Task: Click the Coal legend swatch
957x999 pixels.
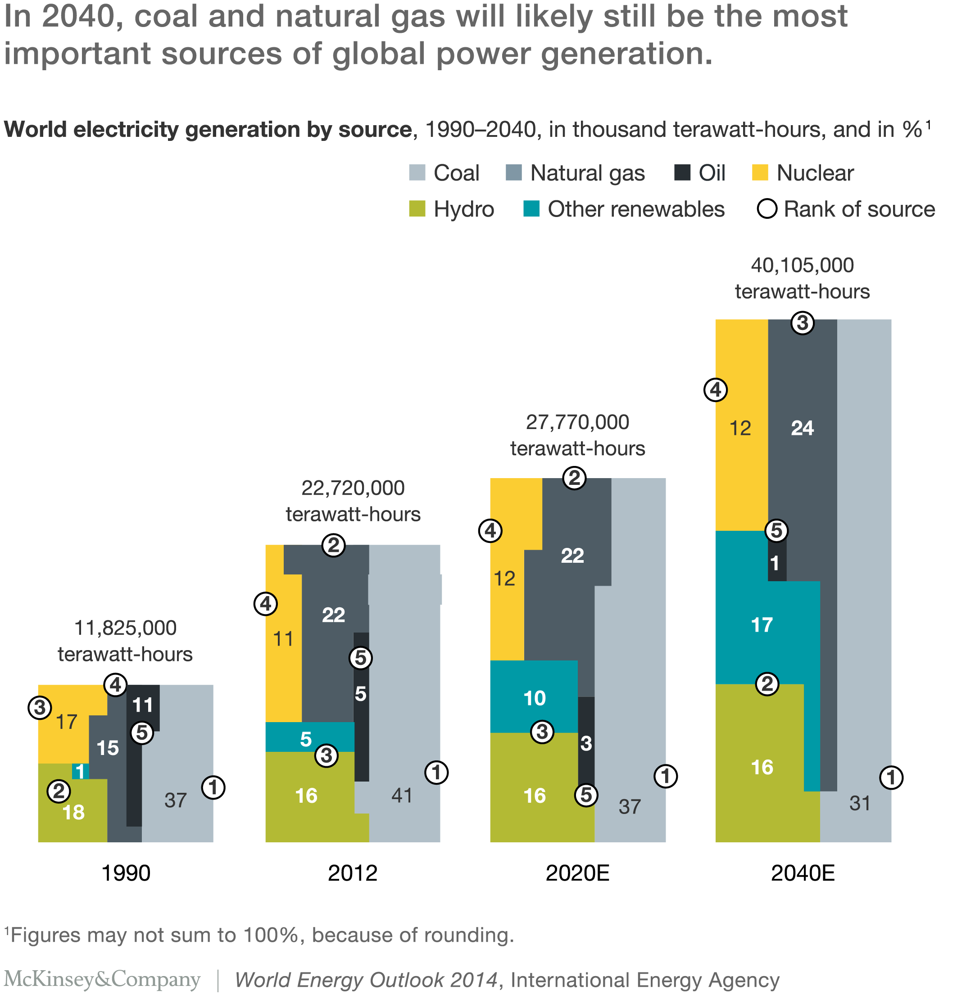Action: (x=417, y=173)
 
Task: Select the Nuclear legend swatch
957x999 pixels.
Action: (x=760, y=173)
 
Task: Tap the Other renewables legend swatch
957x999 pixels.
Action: (x=531, y=209)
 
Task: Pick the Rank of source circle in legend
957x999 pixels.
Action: (x=767, y=209)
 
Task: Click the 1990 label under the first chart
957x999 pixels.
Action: (x=126, y=873)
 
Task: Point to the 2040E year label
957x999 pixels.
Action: (x=803, y=873)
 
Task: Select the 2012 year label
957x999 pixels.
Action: (x=352, y=873)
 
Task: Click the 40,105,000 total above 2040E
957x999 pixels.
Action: (x=802, y=266)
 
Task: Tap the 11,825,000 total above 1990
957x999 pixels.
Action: (x=126, y=628)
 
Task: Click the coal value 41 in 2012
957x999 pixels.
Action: (x=402, y=796)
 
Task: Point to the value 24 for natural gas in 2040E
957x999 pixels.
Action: (x=802, y=428)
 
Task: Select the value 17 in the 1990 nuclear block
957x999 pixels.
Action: (x=66, y=722)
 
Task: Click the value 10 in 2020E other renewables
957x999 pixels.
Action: (x=534, y=698)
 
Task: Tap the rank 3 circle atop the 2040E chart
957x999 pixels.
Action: (x=803, y=323)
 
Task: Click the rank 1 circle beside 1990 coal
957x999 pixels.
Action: (x=213, y=787)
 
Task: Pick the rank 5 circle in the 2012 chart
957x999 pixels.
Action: (x=360, y=658)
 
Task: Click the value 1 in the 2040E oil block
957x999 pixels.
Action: (x=775, y=564)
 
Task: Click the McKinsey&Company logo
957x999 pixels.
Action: (x=102, y=980)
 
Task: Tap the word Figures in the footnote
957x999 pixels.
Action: (x=45, y=935)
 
